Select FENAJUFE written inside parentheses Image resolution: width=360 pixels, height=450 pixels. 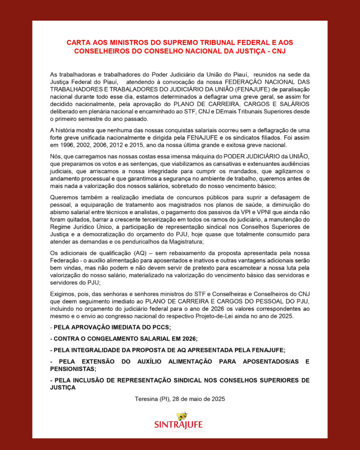coord(240,88)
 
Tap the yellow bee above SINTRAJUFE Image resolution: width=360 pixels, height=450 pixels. coord(181,416)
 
